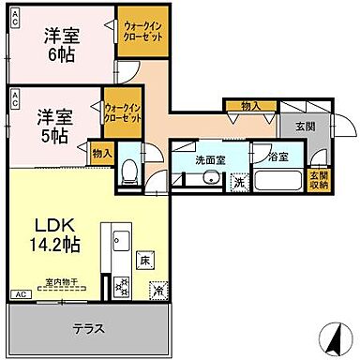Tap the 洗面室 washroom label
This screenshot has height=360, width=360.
[x=210, y=160]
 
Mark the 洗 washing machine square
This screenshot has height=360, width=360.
[x=239, y=181]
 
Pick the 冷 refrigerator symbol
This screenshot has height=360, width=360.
[x=157, y=290]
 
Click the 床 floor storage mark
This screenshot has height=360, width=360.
[x=144, y=258]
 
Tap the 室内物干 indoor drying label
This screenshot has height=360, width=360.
[x=61, y=280]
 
